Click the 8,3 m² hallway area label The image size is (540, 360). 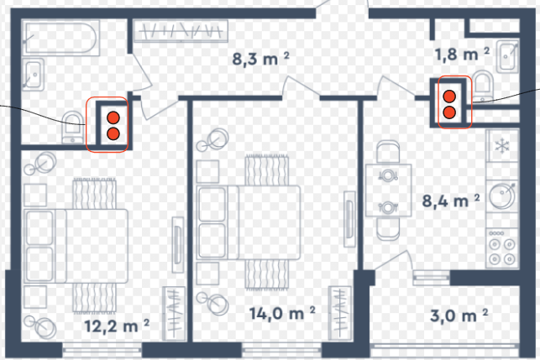tap(260, 59)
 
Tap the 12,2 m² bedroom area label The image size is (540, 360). tap(117, 326)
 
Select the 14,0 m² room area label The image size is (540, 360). tap(282, 313)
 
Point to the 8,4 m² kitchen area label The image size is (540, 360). tap(451, 201)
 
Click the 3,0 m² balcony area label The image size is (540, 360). tap(459, 316)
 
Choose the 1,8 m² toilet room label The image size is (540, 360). tap(462, 55)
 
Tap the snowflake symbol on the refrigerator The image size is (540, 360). tap(502, 146)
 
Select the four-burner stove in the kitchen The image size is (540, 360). tap(502, 248)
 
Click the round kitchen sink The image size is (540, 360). tap(502, 196)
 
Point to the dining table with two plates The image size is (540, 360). tap(389, 190)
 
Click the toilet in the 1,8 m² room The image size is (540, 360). tap(483, 86)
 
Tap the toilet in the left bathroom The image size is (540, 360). tap(72, 128)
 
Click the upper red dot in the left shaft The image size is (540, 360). tap(113, 117)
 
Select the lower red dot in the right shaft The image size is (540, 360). tap(449, 112)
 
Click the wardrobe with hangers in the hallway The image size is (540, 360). tap(181, 31)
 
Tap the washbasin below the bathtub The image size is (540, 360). tap(33, 75)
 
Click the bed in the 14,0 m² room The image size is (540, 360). tap(249, 222)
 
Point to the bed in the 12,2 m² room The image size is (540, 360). tap(76, 246)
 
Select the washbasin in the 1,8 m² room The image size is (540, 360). tap(507, 56)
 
